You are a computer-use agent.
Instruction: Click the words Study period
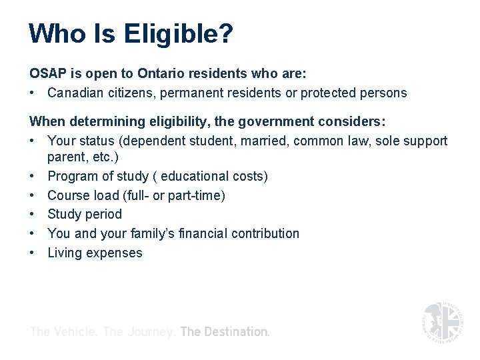click(85, 214)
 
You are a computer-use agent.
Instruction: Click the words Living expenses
click(95, 253)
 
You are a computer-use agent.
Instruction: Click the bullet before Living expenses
click(33, 253)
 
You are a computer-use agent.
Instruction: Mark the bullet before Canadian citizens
click(33, 93)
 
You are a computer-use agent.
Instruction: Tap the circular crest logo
click(442, 321)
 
